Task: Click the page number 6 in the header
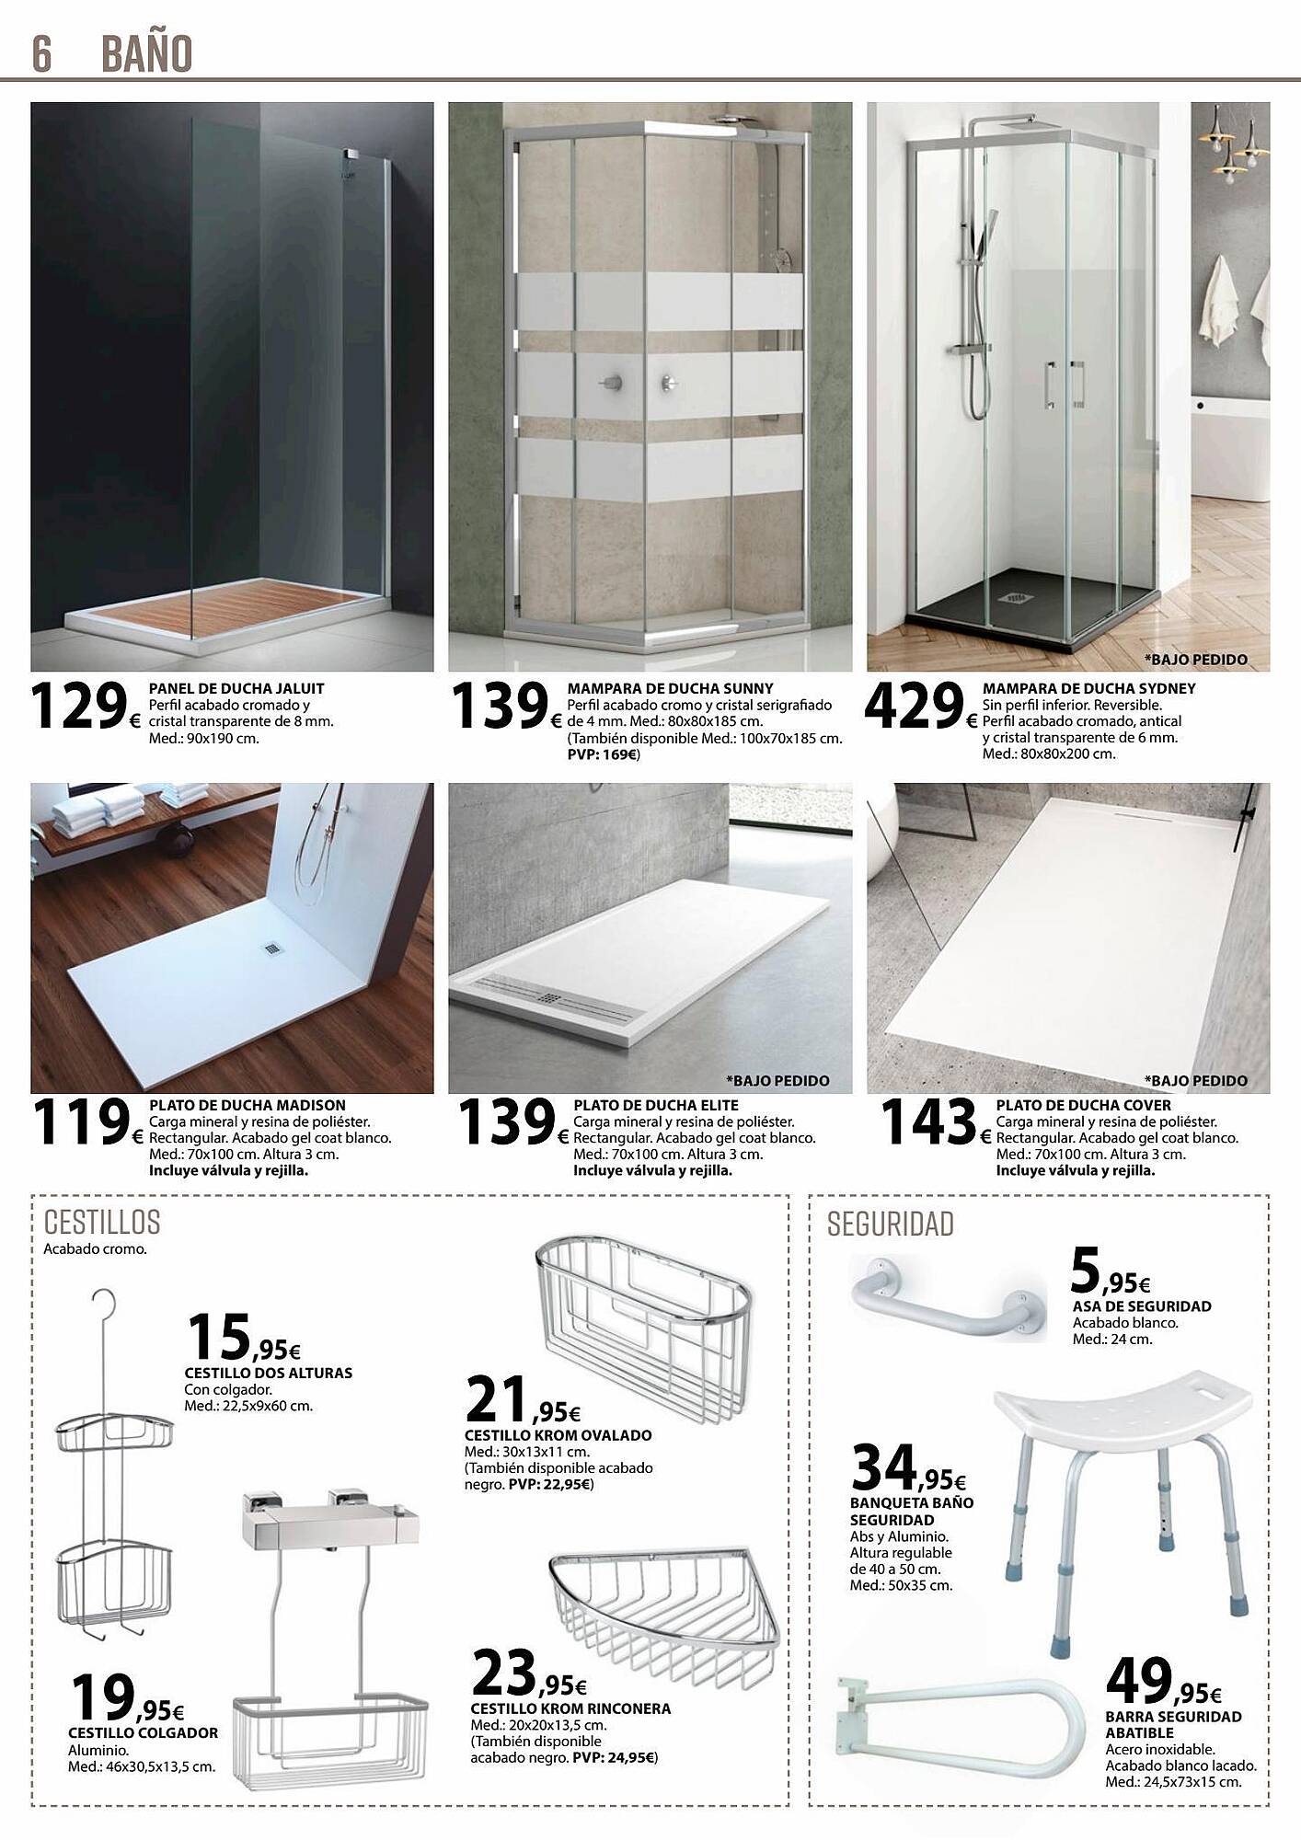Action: pos(41,53)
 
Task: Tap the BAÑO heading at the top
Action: pos(147,53)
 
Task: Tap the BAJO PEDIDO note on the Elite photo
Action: pos(777,1081)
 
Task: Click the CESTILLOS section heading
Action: pos(102,1223)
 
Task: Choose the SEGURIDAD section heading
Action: pos(889,1225)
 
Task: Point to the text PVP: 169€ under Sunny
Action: pos(603,754)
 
